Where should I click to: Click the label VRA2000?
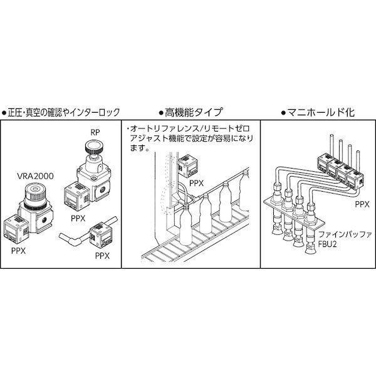(35, 176)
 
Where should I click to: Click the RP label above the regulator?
(95, 132)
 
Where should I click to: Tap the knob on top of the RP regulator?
(94, 146)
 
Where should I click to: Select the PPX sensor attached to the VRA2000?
(16, 227)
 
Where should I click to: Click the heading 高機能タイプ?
(191, 112)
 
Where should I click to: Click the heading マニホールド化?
(318, 112)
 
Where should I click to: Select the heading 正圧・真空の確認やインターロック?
(61, 112)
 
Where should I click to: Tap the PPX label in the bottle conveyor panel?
(196, 183)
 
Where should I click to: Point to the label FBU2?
(328, 244)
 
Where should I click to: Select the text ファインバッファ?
(345, 234)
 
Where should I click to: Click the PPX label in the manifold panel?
(362, 204)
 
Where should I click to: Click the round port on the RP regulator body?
(103, 189)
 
